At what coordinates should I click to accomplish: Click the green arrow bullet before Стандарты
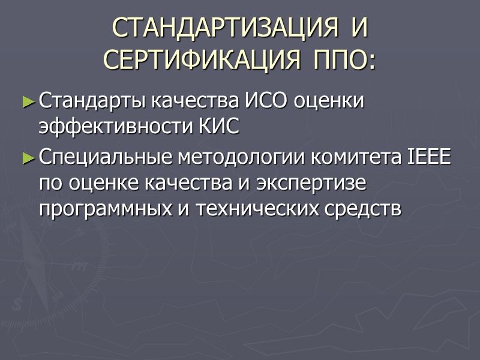point(29,103)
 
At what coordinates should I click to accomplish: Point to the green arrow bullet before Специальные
point(29,159)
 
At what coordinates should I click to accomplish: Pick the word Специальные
point(102,158)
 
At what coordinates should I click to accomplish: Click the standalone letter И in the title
point(359,28)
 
